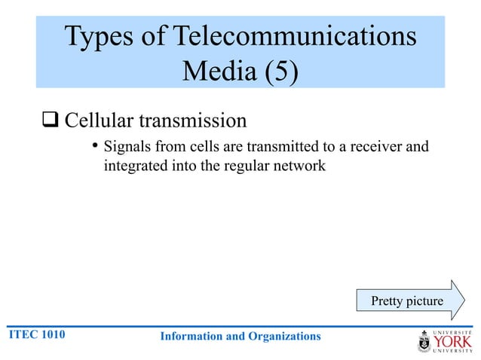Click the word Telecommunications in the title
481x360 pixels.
click(x=295, y=37)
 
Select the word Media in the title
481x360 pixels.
click(x=215, y=72)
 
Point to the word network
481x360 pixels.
click(x=300, y=165)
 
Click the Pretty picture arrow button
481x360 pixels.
click(x=407, y=301)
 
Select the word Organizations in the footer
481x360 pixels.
click(x=283, y=336)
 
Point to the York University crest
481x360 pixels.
click(x=424, y=342)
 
